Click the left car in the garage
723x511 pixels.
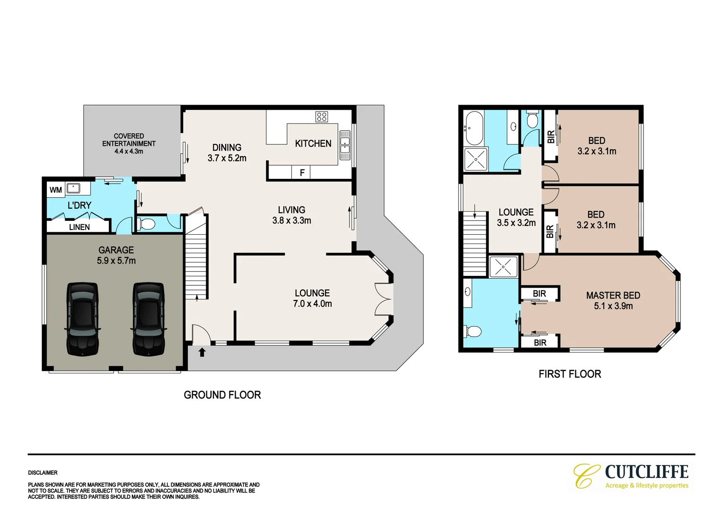[82, 318]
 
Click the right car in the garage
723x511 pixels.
[148, 318]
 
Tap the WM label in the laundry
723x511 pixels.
[56, 190]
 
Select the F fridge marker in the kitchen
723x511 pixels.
[302, 173]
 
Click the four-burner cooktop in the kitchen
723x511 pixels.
[322, 116]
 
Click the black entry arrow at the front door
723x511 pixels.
[202, 352]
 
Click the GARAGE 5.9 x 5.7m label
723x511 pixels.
[116, 255]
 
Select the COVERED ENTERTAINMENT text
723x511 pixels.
[129, 140]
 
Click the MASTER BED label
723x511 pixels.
[613, 295]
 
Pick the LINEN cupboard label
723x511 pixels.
[79, 227]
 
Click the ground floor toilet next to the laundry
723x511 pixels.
[146, 224]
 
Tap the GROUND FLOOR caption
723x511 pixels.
[222, 395]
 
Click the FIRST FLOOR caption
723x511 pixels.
[570, 374]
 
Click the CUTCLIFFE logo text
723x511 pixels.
[646, 472]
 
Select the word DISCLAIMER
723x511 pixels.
[43, 473]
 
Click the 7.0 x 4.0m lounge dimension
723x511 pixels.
[312, 304]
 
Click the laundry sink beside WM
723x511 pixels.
[74, 188]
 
